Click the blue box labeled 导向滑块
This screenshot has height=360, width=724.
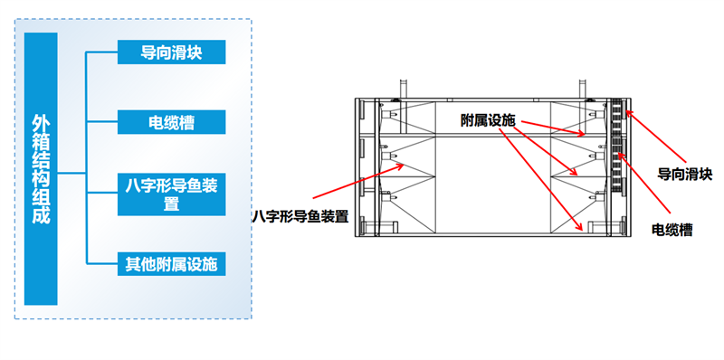click(x=171, y=52)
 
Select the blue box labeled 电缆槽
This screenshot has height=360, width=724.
click(x=171, y=122)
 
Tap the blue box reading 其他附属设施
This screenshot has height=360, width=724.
click(x=171, y=264)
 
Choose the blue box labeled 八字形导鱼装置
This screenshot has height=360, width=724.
click(x=171, y=194)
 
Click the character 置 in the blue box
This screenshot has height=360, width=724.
click(x=171, y=204)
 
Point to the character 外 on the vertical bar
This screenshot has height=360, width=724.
click(x=41, y=124)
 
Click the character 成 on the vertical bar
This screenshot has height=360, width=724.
click(x=41, y=216)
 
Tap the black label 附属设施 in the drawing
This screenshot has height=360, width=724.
click(x=487, y=121)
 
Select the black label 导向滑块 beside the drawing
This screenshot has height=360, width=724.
click(x=685, y=175)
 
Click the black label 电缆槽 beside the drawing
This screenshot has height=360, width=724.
click(x=672, y=230)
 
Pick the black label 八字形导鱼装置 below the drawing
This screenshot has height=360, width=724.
click(x=300, y=216)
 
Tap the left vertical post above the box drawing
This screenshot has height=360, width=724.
click(x=403, y=88)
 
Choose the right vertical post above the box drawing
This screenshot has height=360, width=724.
click(x=583, y=88)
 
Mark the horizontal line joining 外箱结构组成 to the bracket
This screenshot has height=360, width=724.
click(x=71, y=174)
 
